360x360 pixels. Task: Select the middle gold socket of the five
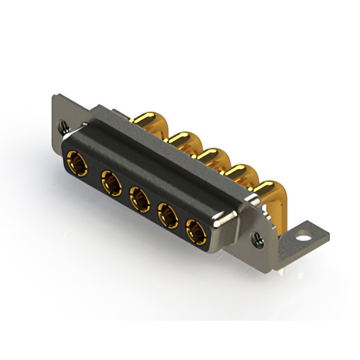pos(138,198)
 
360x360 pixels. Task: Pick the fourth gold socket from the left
pos(168,214)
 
